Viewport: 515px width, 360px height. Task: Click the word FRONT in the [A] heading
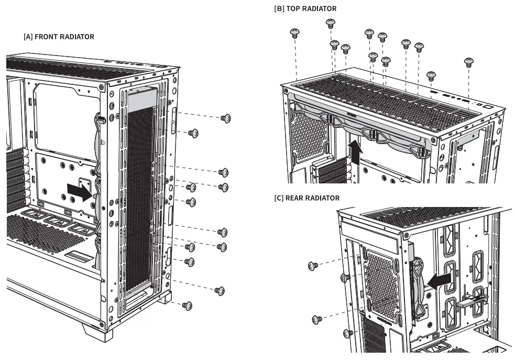tap(47, 37)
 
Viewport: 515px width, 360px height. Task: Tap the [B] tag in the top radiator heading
tap(279, 9)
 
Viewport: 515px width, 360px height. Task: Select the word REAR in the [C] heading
tap(297, 198)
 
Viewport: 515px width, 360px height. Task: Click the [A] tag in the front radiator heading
tap(28, 37)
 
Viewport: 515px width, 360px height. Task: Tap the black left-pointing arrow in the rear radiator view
tap(439, 280)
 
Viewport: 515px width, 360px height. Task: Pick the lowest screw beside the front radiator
tap(187, 305)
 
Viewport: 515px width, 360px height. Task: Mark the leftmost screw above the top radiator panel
tap(294, 34)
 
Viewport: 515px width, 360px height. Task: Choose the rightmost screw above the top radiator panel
tap(469, 62)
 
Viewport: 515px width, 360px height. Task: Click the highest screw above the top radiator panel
tap(330, 23)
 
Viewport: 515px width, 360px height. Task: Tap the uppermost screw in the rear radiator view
tap(313, 267)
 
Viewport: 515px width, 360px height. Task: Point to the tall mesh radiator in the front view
tap(139, 199)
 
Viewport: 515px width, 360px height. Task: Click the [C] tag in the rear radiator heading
tap(279, 198)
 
